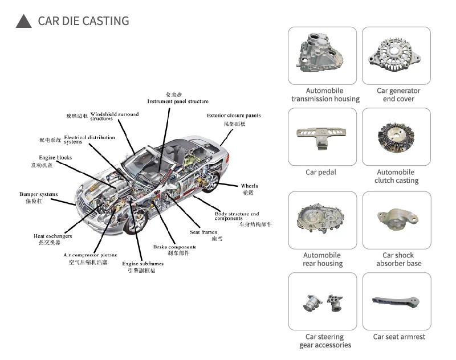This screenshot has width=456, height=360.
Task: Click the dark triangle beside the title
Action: pyautogui.click(x=23, y=22)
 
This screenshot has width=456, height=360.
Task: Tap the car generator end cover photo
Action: pyautogui.click(x=398, y=55)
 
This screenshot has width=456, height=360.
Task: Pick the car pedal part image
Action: pyautogui.click(x=322, y=137)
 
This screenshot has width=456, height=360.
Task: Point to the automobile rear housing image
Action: pyautogui.click(x=322, y=220)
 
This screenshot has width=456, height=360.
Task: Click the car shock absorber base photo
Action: pyautogui.click(x=398, y=220)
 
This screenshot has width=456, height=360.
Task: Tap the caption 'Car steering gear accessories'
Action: pyautogui.click(x=325, y=341)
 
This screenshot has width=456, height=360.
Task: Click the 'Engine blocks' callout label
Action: pyautogui.click(x=55, y=158)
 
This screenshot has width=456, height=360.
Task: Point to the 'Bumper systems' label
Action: pyautogui.click(x=39, y=194)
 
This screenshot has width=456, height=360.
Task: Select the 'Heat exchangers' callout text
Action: pyautogui.click(x=52, y=236)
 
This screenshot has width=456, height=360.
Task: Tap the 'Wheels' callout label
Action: pyautogui.click(x=249, y=186)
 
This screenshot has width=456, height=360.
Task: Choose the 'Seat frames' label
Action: pyautogui.click(x=203, y=232)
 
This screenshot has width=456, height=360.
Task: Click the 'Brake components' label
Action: pyautogui.click(x=174, y=247)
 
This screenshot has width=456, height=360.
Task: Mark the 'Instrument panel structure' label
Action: pyautogui.click(x=178, y=101)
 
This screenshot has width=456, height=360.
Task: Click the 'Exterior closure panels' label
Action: pyautogui.click(x=234, y=116)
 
